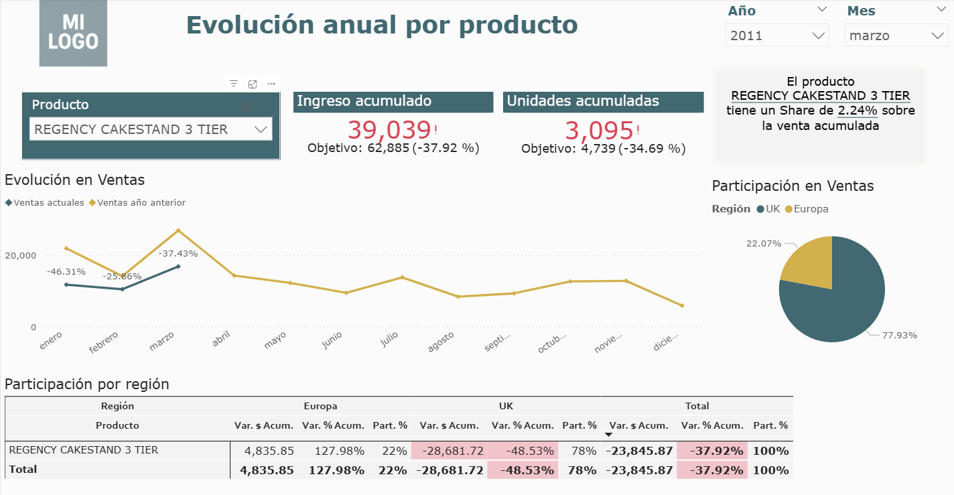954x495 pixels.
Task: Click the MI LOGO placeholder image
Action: (x=73, y=33)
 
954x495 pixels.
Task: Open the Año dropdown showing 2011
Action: (x=777, y=36)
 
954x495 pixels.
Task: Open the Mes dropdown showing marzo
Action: (x=896, y=36)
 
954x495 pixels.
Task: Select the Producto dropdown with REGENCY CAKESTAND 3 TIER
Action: (x=151, y=129)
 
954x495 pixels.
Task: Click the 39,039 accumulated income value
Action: (x=389, y=129)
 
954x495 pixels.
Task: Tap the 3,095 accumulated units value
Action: (x=599, y=129)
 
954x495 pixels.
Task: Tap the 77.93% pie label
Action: (x=899, y=335)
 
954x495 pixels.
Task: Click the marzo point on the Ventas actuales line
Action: (x=178, y=266)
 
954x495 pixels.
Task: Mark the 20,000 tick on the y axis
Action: (x=20, y=255)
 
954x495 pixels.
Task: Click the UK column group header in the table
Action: (x=506, y=406)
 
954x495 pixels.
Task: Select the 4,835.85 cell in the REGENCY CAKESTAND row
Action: (x=269, y=451)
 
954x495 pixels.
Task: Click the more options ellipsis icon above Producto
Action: (x=271, y=84)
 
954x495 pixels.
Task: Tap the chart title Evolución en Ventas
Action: (x=74, y=180)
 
